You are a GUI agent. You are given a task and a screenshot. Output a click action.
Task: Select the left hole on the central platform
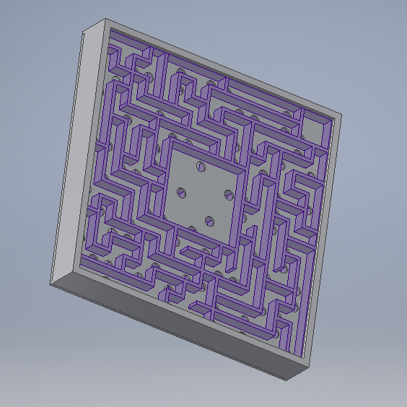coord(181,193)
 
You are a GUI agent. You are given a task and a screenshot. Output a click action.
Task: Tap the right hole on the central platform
coord(228,193)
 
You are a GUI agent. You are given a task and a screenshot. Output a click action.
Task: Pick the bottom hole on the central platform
coord(209,220)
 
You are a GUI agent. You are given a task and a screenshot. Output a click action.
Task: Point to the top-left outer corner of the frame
coord(85,29)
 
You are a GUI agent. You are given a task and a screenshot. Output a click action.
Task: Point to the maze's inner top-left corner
coord(110,32)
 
